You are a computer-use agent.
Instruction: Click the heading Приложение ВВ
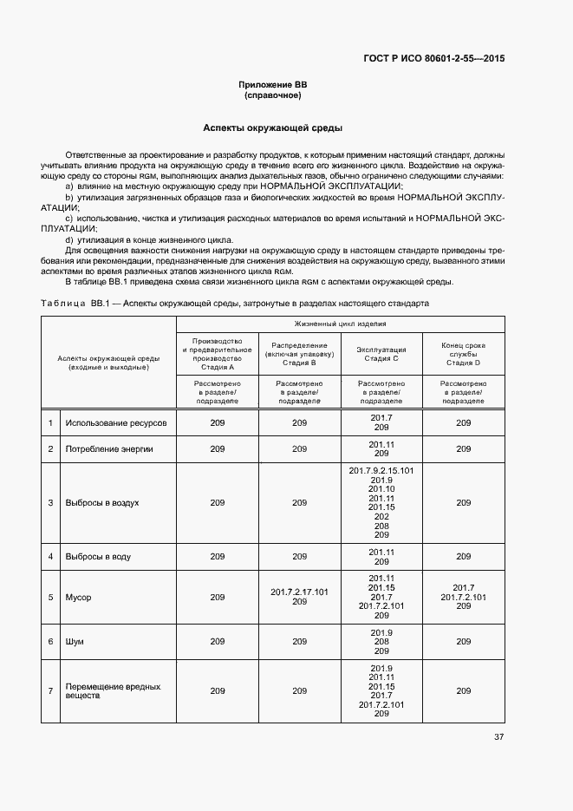[273, 84]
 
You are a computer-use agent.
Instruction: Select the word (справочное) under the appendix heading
[273, 95]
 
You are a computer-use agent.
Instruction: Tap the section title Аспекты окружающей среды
[273, 128]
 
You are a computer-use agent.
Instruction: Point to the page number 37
[498, 737]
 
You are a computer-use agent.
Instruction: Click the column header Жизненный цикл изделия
[341, 324]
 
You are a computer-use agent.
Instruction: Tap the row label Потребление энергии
[109, 449]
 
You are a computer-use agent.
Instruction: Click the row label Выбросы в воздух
[102, 502]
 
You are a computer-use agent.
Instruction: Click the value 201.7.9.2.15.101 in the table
[381, 471]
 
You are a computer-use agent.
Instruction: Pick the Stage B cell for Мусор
[299, 597]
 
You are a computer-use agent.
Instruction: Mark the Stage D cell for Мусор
[463, 597]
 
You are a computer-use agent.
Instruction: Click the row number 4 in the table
[51, 556]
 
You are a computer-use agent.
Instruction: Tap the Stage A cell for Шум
[218, 642]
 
